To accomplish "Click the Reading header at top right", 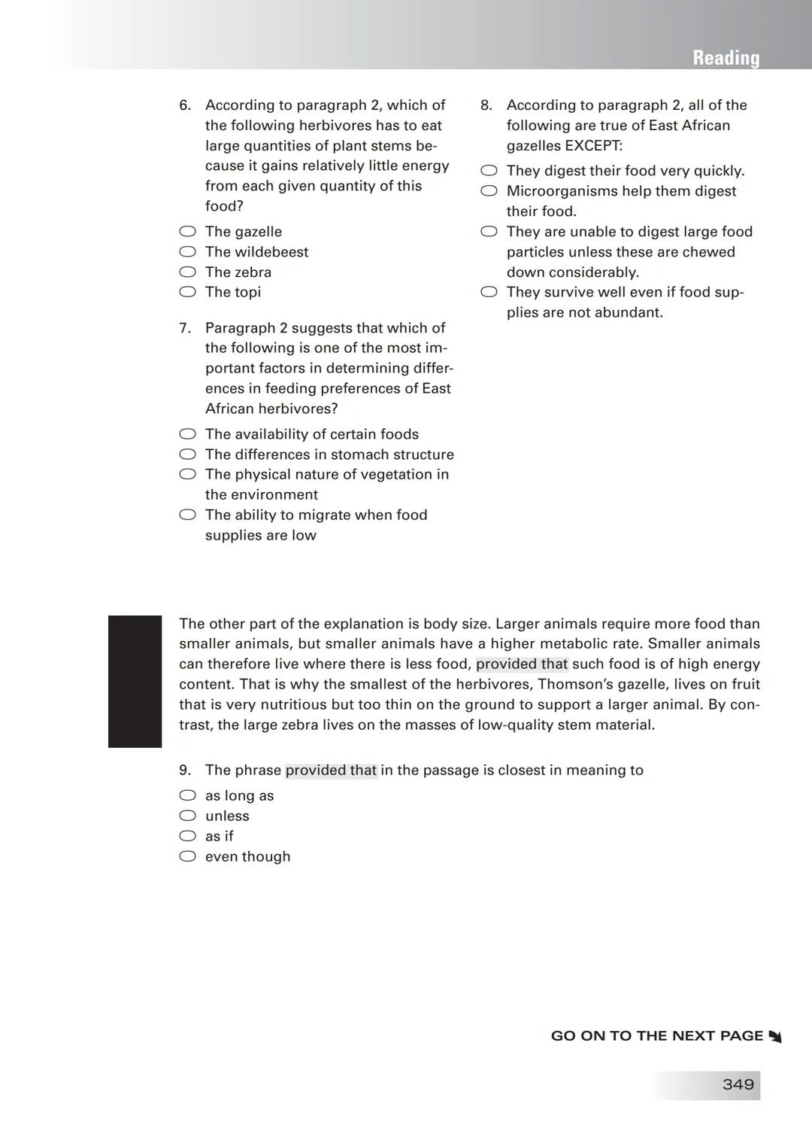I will [726, 58].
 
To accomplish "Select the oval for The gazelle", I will [187, 232].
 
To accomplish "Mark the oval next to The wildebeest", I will [187, 252].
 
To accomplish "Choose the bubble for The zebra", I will [187, 272].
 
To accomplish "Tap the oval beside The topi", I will [187, 292].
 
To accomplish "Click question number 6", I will [185, 105].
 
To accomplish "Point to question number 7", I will [185, 328].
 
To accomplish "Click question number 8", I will [486, 105].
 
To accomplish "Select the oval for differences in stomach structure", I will [187, 454].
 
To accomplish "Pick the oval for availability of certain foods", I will [187, 434].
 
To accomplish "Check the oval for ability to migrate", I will [187, 515].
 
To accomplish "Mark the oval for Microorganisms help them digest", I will [489, 192].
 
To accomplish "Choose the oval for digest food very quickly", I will [489, 172].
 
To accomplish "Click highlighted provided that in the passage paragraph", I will [522, 664].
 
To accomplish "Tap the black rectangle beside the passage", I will [135, 681].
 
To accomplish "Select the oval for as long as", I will [187, 796].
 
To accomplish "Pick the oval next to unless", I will [187, 816].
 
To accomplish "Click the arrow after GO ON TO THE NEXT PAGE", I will [775, 1037].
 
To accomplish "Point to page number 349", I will [738, 1084].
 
